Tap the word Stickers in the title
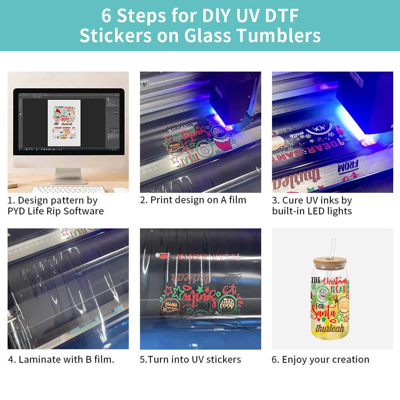pyautogui.click(x=116, y=35)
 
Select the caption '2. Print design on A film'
pyautogui.click(x=193, y=200)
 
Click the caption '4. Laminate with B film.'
pyautogui.click(x=61, y=359)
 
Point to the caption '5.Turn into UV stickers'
pyautogui.click(x=190, y=359)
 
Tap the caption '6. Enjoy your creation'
pyautogui.click(x=320, y=359)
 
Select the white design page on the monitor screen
pyautogui.click(x=64, y=122)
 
